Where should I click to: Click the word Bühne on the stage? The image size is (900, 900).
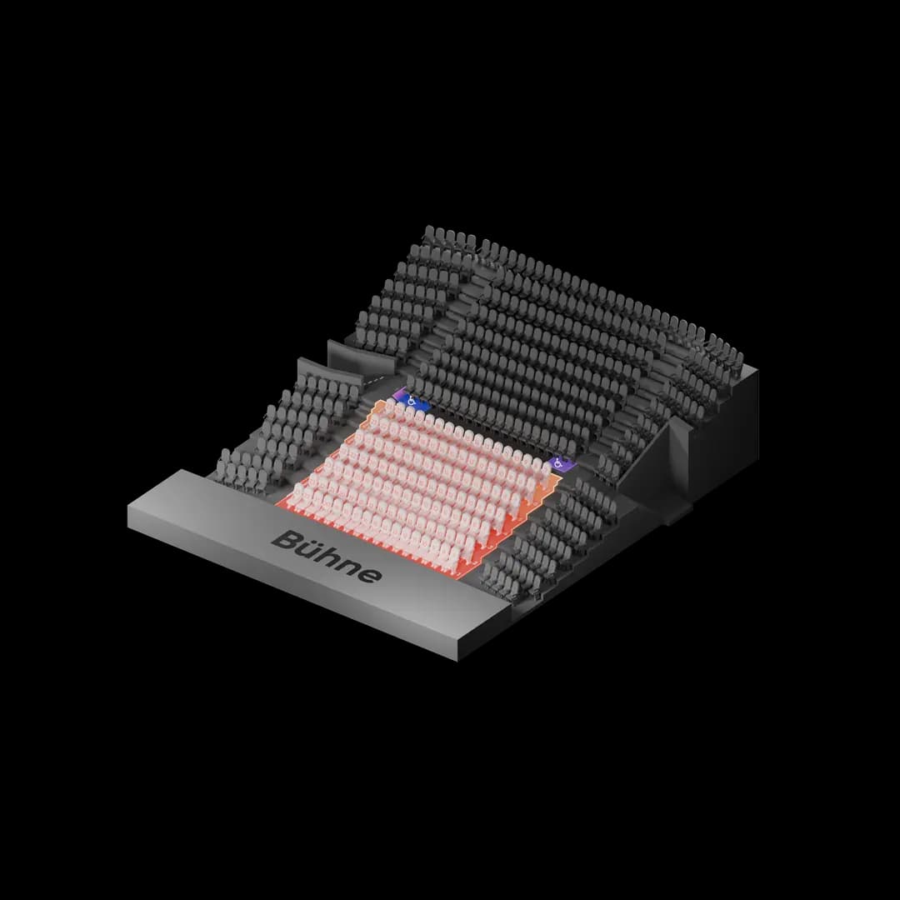[x=326, y=556]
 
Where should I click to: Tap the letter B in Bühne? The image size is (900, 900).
[x=286, y=539]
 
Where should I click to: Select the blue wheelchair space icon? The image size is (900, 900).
[x=412, y=401]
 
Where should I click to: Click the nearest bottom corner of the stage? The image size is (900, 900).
[x=457, y=661]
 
